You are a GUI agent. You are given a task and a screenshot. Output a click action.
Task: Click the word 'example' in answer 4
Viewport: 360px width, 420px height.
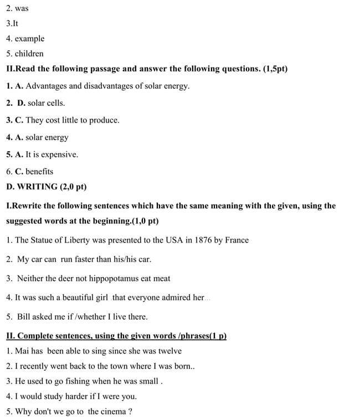pos(29,39)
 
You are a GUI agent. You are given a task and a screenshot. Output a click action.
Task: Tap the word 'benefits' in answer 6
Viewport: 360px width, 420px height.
pos(39,172)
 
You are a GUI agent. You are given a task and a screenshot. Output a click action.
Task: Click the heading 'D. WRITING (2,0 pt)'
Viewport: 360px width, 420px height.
pos(46,187)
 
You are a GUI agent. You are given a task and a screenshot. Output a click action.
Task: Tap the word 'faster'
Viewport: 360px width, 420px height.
pos(89,259)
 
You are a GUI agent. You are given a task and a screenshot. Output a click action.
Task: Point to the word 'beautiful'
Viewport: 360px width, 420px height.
pos(75,298)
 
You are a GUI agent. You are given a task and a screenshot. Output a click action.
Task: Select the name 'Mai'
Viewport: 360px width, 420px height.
pos(22,351)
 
